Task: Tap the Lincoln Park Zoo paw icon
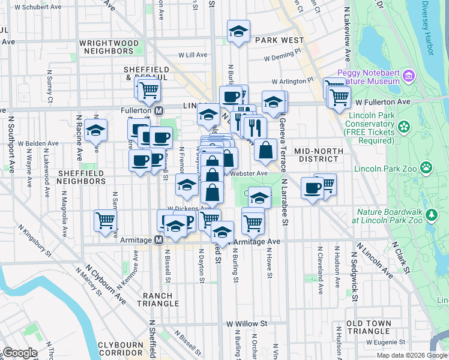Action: tap(426, 167)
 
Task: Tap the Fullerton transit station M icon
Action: tap(159, 111)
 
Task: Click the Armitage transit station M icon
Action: tap(159, 240)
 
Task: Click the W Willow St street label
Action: tap(246, 323)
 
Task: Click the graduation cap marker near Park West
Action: tap(238, 32)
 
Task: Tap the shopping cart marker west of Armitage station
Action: tap(106, 220)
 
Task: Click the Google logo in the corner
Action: tap(19, 353)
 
